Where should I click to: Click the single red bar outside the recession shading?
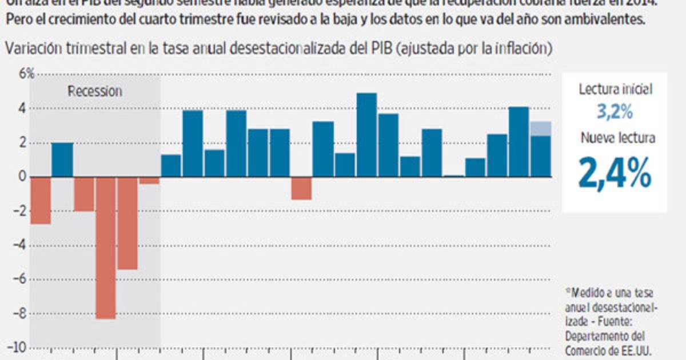tap(301, 188)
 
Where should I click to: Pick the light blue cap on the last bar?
tap(541, 129)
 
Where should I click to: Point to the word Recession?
tap(95, 91)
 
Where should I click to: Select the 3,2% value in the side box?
tap(615, 112)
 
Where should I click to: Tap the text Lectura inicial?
tap(615, 89)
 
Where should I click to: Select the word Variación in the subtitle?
tap(33, 49)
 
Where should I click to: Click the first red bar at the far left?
tap(40, 200)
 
